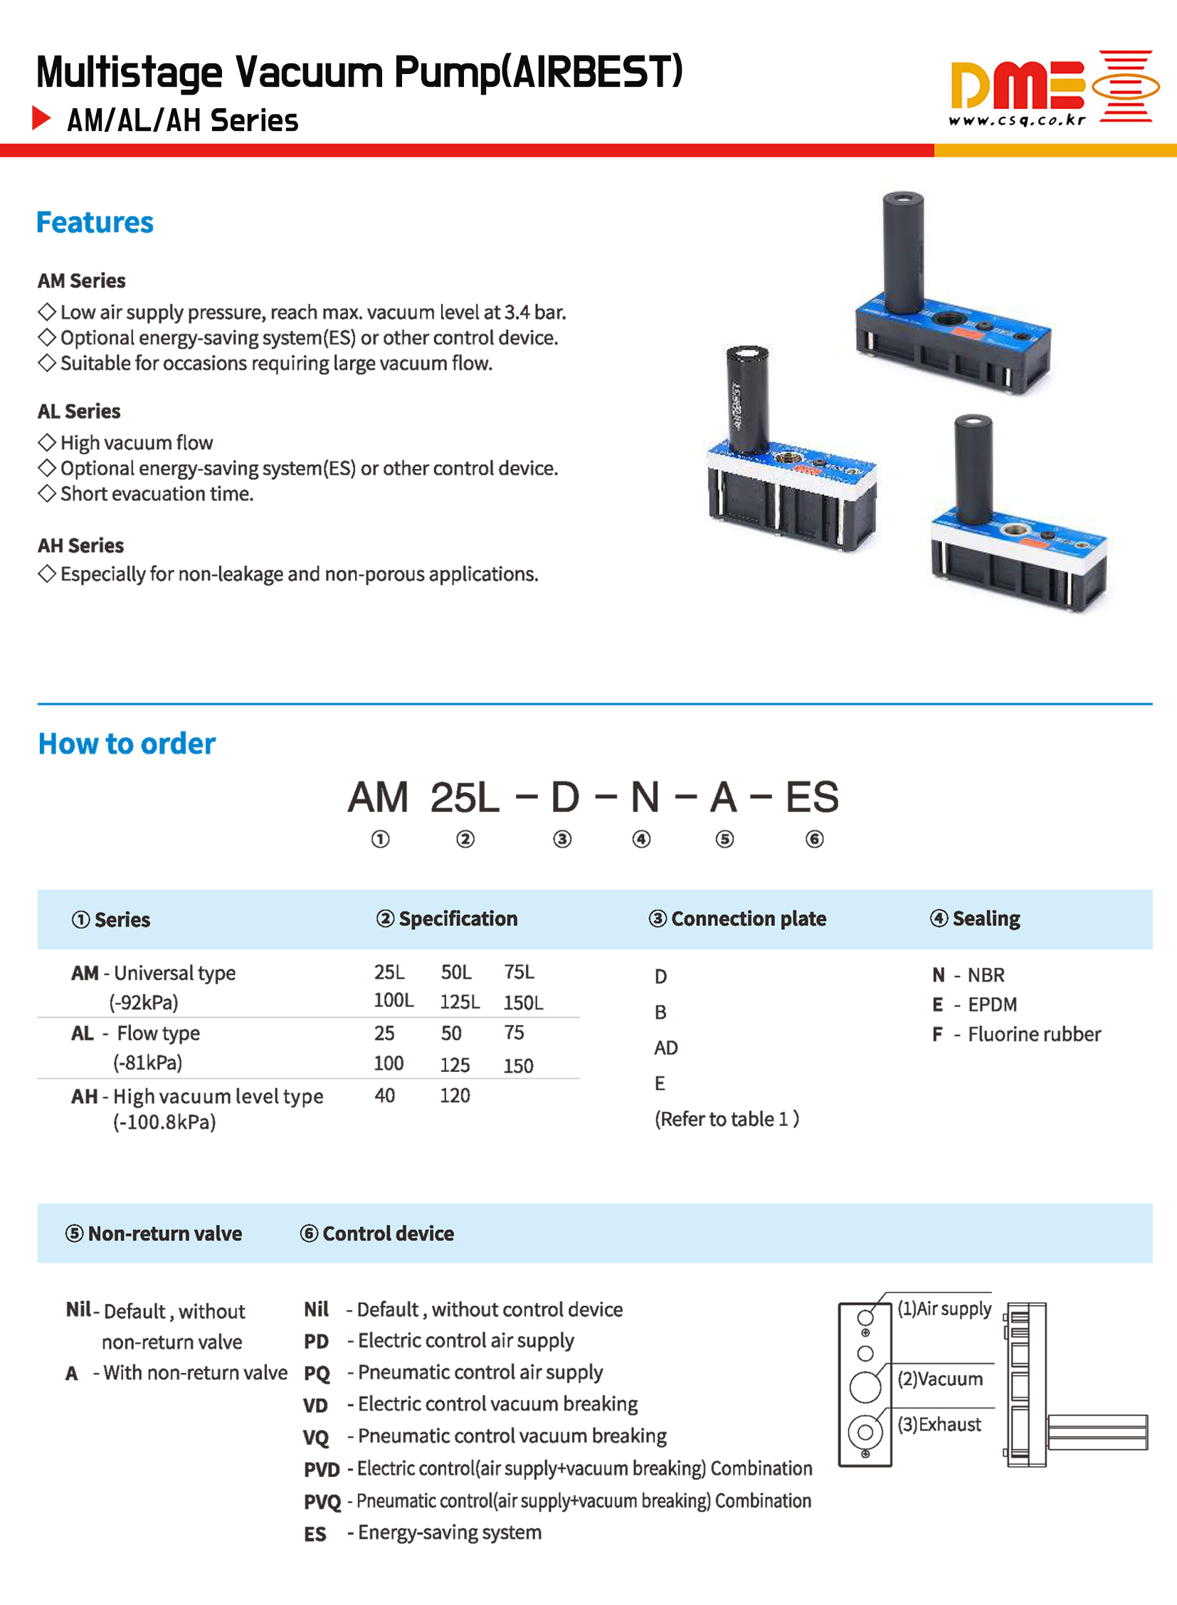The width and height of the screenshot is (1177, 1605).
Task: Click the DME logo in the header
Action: [x=1053, y=87]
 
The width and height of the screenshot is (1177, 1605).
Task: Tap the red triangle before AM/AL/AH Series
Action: [x=41, y=117]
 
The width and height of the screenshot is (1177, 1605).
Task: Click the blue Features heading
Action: [x=95, y=222]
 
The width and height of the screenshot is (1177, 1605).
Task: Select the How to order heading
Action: [x=127, y=743]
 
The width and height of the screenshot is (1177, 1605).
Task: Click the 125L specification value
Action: [x=460, y=1002]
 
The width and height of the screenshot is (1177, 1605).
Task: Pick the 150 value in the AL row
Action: [x=518, y=1065]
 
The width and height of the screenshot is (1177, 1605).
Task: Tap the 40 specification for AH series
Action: [x=385, y=1095]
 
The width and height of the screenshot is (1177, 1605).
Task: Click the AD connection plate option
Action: [x=666, y=1048]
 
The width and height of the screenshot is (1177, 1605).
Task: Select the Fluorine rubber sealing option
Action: [x=1033, y=1034]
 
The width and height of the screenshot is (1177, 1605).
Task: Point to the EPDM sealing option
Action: [x=992, y=1004]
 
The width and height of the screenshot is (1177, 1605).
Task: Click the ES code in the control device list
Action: [x=315, y=1534]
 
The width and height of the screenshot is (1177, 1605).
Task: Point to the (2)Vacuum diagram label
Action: [x=940, y=1379]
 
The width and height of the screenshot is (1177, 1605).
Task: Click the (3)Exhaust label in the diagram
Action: [x=939, y=1425]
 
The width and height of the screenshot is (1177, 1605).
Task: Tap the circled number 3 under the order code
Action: [x=562, y=839]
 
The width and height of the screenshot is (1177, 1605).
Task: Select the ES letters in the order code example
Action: [x=812, y=796]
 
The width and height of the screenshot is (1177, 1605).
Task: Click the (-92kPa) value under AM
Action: [x=143, y=1003]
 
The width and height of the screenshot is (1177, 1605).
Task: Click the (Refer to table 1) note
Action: [x=727, y=1119]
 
